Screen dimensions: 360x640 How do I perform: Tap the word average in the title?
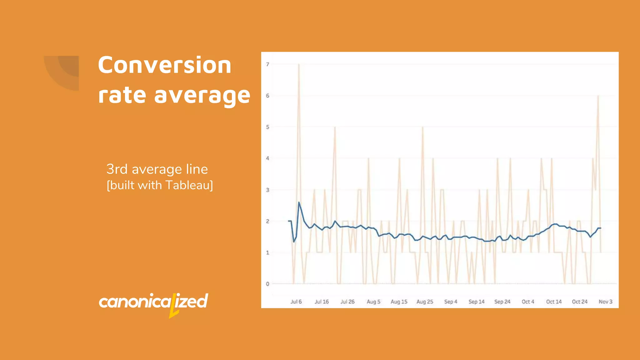click(x=202, y=95)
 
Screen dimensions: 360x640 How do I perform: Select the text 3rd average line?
click(x=157, y=169)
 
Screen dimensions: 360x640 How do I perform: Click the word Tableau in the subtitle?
click(x=188, y=185)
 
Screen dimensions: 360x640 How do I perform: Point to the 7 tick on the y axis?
click(x=267, y=64)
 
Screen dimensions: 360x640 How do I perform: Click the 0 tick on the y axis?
click(x=267, y=284)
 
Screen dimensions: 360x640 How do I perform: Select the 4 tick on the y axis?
click(x=267, y=158)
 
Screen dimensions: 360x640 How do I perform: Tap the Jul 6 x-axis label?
click(x=296, y=302)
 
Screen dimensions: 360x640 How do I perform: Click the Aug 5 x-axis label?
click(x=373, y=302)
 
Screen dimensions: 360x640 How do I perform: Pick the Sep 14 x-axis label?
click(x=476, y=302)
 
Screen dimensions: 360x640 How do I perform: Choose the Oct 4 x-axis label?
click(x=528, y=302)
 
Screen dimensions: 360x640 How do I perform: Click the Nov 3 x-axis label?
click(x=605, y=302)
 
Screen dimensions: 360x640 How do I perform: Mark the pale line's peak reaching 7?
click(x=299, y=65)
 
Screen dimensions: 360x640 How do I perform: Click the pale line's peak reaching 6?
click(x=598, y=96)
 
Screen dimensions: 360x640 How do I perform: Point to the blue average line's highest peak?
click(x=299, y=202)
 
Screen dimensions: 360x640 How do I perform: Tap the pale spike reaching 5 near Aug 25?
click(x=422, y=127)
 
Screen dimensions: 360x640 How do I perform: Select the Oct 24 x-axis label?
click(x=580, y=302)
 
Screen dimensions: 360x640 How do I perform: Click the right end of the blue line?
click(x=600, y=228)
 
